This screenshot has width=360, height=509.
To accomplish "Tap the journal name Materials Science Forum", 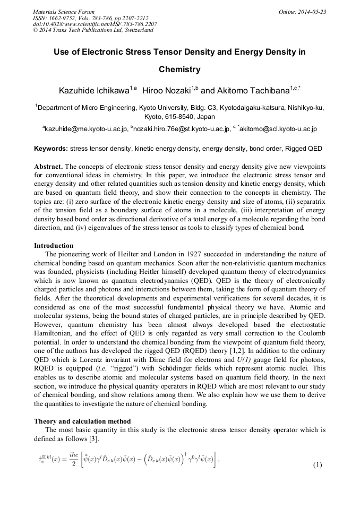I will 64,12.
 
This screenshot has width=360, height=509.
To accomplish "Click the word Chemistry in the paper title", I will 179,70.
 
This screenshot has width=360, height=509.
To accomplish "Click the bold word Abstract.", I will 48,167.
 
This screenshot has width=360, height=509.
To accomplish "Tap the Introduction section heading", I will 54,246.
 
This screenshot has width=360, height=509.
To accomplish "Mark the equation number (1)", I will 318,465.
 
